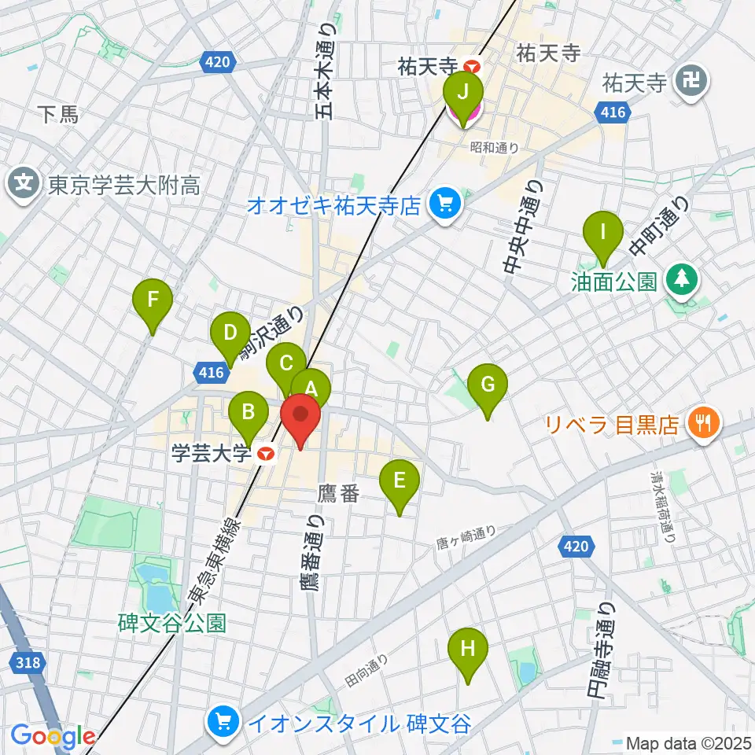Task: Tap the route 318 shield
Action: tap(28, 662)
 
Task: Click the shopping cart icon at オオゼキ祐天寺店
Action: tap(445, 206)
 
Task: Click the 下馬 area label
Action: tap(59, 115)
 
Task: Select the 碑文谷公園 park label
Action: tap(173, 624)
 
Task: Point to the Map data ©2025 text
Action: tap(688, 742)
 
